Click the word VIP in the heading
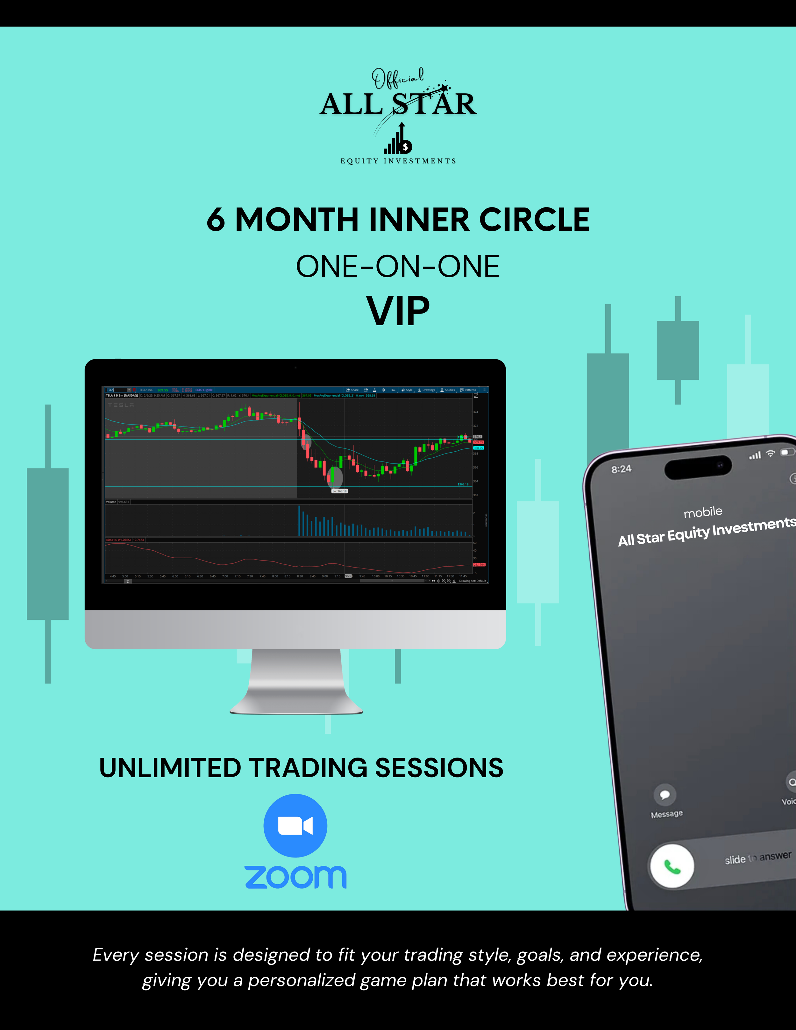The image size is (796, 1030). click(398, 311)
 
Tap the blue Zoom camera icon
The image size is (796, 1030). click(295, 825)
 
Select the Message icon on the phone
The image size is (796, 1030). click(665, 795)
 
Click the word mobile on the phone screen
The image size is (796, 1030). click(703, 512)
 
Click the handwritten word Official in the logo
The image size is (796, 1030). click(397, 78)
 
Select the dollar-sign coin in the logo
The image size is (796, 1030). click(405, 147)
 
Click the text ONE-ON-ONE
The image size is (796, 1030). click(397, 266)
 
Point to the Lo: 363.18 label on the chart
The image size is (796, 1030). click(339, 491)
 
